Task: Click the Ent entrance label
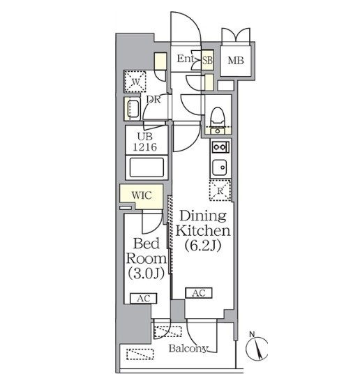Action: pos(186,59)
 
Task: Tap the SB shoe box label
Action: pos(208,60)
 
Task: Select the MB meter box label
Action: pos(236,61)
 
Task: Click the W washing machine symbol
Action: pos(135,82)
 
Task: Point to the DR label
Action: pos(153,99)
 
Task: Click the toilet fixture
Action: pos(218,116)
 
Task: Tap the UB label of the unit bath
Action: pos(145,137)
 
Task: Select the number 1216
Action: pos(145,147)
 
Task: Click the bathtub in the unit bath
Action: pos(147,167)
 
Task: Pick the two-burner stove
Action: pos(220,147)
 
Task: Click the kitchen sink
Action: pos(219,167)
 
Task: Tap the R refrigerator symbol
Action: pos(220,190)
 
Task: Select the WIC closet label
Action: pos(142,195)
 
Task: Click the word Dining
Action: pos(203,216)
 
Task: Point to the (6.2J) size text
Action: pos(203,246)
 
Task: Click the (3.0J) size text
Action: pos(147,273)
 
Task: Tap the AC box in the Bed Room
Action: pos(144,299)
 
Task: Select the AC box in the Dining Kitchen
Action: pos(199,293)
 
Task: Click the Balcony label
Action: pos(188,348)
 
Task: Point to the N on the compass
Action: pos(252,334)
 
